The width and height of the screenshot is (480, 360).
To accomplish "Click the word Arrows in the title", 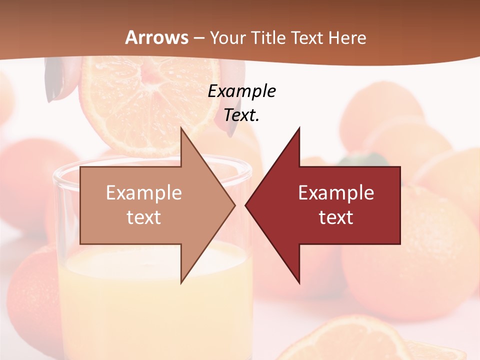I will point(157,37).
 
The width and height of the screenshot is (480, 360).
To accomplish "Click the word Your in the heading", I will point(227,37).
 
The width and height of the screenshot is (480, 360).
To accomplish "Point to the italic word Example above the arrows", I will point(241,91).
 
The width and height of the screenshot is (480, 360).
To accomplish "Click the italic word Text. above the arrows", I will point(241,115).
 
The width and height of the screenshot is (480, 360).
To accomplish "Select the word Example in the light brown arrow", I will point(144,192).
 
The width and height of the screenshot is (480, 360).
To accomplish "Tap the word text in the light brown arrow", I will point(144,217).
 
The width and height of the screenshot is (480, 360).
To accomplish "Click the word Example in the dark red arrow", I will point(336,192).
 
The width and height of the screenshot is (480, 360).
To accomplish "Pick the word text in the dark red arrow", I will point(336,217).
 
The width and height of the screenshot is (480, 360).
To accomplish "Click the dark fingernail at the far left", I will point(51,82).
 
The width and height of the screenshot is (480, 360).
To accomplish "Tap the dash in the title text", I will point(198,37).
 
